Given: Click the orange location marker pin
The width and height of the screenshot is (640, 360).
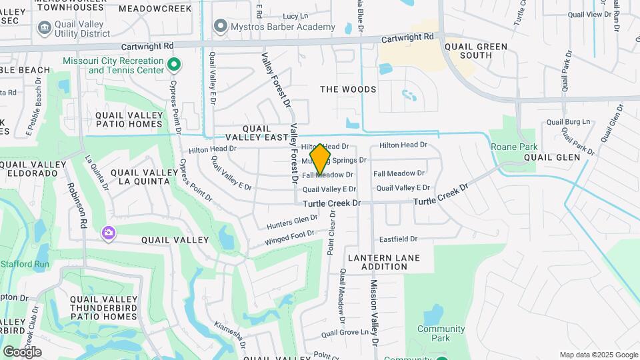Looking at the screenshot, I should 321,159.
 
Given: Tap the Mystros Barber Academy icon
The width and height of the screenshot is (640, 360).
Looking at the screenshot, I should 221,27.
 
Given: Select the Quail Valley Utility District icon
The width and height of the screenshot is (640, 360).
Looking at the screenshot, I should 45,27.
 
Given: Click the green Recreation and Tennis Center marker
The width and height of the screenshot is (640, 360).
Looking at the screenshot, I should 174,65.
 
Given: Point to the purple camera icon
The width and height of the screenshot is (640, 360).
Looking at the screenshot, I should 108,233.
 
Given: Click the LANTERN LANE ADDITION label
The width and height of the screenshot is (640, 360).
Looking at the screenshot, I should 377,262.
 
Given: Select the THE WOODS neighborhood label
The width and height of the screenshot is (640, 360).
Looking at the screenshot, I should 348,89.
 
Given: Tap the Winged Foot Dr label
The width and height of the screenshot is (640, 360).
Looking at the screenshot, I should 289,237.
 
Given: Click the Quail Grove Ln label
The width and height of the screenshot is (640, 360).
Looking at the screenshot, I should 345,332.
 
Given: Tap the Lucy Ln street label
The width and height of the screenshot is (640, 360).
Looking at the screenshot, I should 295,16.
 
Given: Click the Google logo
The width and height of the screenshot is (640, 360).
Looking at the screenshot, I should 22,351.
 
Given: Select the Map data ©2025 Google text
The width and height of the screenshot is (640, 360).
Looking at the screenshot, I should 599,355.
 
